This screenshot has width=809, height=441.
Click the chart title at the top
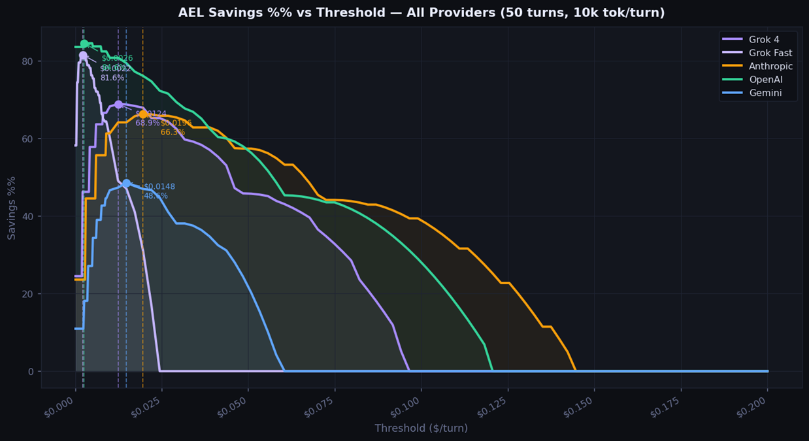coord(421,13)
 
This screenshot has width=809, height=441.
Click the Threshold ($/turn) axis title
coord(421,429)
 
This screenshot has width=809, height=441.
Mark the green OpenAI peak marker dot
coord(84,44)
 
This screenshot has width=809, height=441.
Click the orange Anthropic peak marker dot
coord(143,114)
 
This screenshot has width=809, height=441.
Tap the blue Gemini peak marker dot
coord(126,184)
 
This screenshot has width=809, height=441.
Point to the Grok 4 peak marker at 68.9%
coord(118,105)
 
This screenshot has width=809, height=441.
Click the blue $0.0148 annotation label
coord(159,187)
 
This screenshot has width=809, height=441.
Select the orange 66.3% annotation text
coord(173,133)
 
